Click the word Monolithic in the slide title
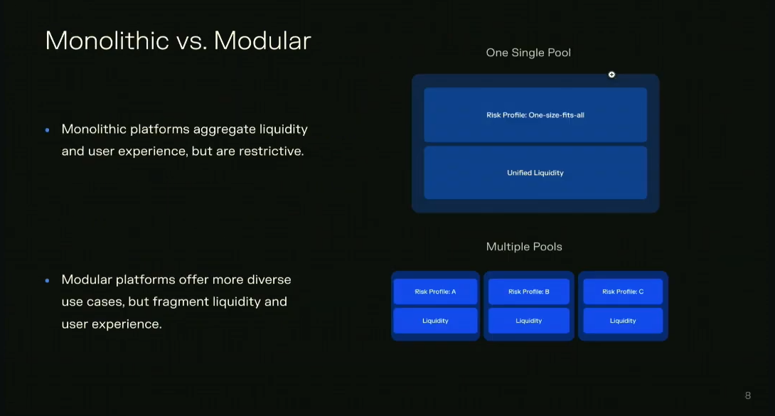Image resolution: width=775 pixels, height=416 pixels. (x=107, y=41)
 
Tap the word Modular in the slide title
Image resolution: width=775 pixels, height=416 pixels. (x=262, y=41)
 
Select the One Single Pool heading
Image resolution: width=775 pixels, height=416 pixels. (x=528, y=53)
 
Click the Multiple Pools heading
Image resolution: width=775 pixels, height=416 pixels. (x=524, y=247)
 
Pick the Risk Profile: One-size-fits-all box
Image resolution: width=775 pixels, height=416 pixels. (x=535, y=114)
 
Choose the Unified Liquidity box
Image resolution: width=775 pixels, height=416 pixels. (x=535, y=172)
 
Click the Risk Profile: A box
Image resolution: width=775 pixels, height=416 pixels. (x=435, y=292)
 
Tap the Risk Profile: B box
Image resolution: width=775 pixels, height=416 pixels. (x=529, y=292)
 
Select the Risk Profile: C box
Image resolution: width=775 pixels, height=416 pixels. (x=623, y=292)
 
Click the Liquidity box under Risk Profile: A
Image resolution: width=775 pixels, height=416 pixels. (x=435, y=321)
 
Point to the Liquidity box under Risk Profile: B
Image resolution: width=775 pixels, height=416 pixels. (x=529, y=321)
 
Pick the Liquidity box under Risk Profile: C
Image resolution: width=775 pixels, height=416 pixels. (x=623, y=321)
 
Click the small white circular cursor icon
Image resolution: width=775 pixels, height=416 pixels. (x=611, y=75)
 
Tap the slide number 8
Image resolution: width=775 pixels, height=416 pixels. (x=748, y=395)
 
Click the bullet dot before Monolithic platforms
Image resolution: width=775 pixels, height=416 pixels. (x=48, y=130)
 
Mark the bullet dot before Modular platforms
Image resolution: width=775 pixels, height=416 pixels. (x=48, y=280)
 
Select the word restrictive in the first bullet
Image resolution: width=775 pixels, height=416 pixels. (x=272, y=151)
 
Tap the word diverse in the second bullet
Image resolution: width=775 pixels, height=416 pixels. (x=269, y=279)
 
